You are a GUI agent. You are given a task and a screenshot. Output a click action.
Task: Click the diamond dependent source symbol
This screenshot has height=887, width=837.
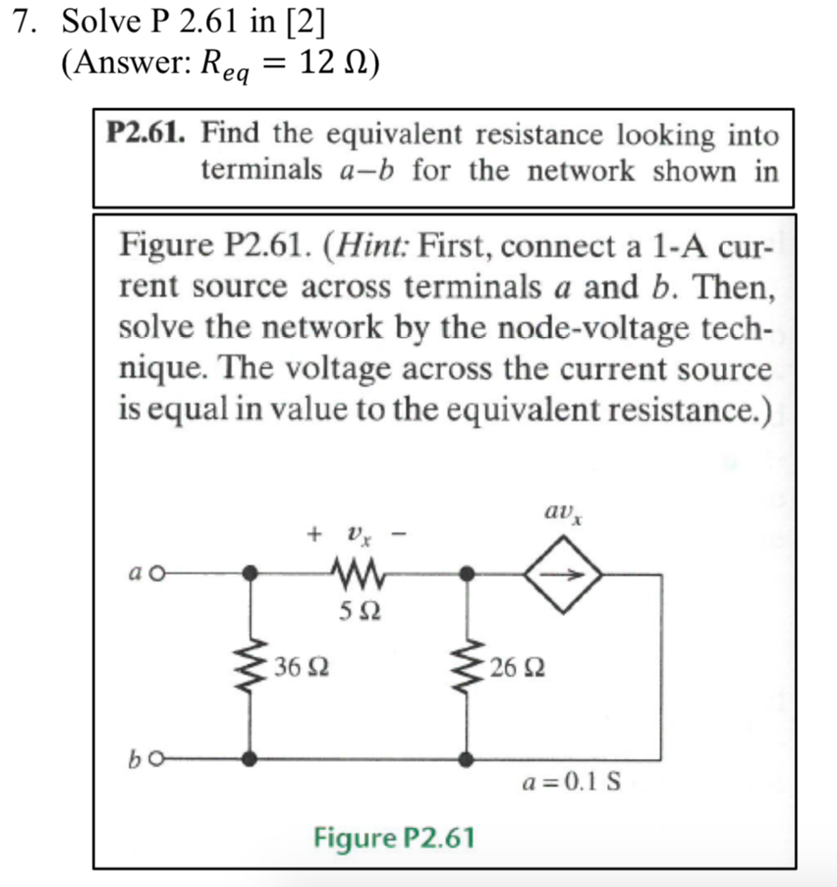click(563, 573)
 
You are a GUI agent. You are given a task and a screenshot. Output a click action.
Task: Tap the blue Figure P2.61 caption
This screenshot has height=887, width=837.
click(394, 838)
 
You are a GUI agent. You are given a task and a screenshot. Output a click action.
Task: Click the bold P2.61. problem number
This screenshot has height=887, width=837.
click(145, 134)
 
